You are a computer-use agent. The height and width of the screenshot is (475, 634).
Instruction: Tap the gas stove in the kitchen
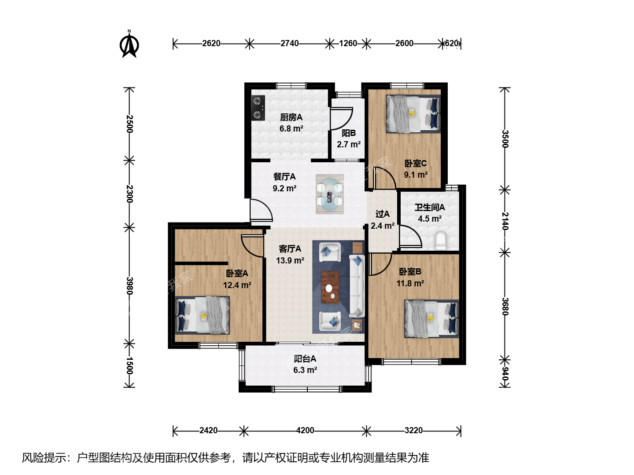(x=258, y=108)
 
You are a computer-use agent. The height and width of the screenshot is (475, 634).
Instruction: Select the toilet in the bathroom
(x=440, y=241)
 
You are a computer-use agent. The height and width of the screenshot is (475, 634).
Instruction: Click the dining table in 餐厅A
(x=330, y=194)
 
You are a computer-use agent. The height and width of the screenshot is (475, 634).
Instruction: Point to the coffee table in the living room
(x=330, y=287)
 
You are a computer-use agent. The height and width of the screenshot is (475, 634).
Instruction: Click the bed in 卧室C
(x=413, y=114)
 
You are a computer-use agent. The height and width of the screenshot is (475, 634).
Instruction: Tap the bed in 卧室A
(x=203, y=315)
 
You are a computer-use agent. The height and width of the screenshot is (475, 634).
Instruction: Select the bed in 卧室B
(x=431, y=319)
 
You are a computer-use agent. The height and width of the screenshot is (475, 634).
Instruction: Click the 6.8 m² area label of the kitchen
(x=291, y=128)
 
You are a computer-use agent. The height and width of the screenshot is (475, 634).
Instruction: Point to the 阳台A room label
(x=305, y=359)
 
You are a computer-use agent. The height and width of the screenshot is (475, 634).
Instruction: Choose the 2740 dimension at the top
(x=289, y=43)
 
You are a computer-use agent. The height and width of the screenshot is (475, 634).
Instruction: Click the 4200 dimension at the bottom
(x=305, y=430)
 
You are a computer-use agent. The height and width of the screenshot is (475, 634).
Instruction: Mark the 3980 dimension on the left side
(x=130, y=286)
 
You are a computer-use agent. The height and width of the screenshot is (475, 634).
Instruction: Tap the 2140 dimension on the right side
(x=505, y=221)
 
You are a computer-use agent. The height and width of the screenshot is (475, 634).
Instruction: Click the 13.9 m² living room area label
(x=290, y=260)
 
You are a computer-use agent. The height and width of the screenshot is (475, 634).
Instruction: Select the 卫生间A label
(x=430, y=207)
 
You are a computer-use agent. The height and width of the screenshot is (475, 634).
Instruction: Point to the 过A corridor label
(x=383, y=214)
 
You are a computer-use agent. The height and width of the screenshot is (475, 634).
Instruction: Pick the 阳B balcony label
(x=349, y=133)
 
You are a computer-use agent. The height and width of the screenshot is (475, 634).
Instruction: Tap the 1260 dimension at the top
(x=348, y=43)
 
